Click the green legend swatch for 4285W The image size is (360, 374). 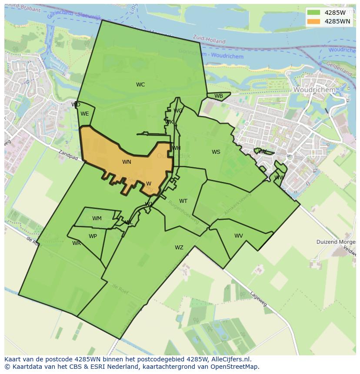313,13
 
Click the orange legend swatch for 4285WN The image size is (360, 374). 313,21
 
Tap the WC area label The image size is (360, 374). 140,85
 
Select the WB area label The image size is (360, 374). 219,96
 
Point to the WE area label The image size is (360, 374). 85,114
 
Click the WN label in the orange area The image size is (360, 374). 127,162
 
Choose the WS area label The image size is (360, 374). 216,152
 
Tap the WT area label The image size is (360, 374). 183,201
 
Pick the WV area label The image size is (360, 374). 239,236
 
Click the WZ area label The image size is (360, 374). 179,248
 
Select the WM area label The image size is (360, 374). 97,218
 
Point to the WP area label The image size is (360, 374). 93,236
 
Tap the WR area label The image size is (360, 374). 77,243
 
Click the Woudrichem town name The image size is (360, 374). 314,89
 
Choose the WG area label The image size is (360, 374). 178,111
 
